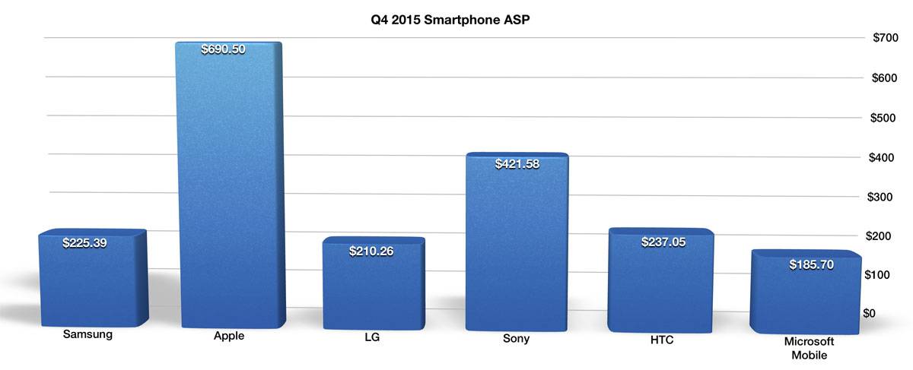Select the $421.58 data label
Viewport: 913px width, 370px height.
click(x=517, y=163)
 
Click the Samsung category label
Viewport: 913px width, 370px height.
click(x=87, y=334)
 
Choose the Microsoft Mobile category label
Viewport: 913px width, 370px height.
click(x=809, y=348)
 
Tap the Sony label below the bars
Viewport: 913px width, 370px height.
click(x=515, y=339)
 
